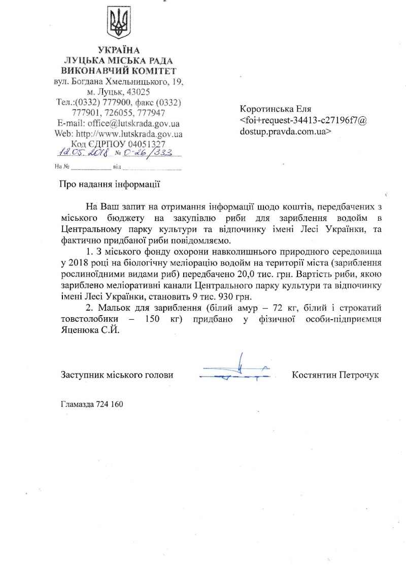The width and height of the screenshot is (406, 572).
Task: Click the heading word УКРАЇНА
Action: point(118,49)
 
